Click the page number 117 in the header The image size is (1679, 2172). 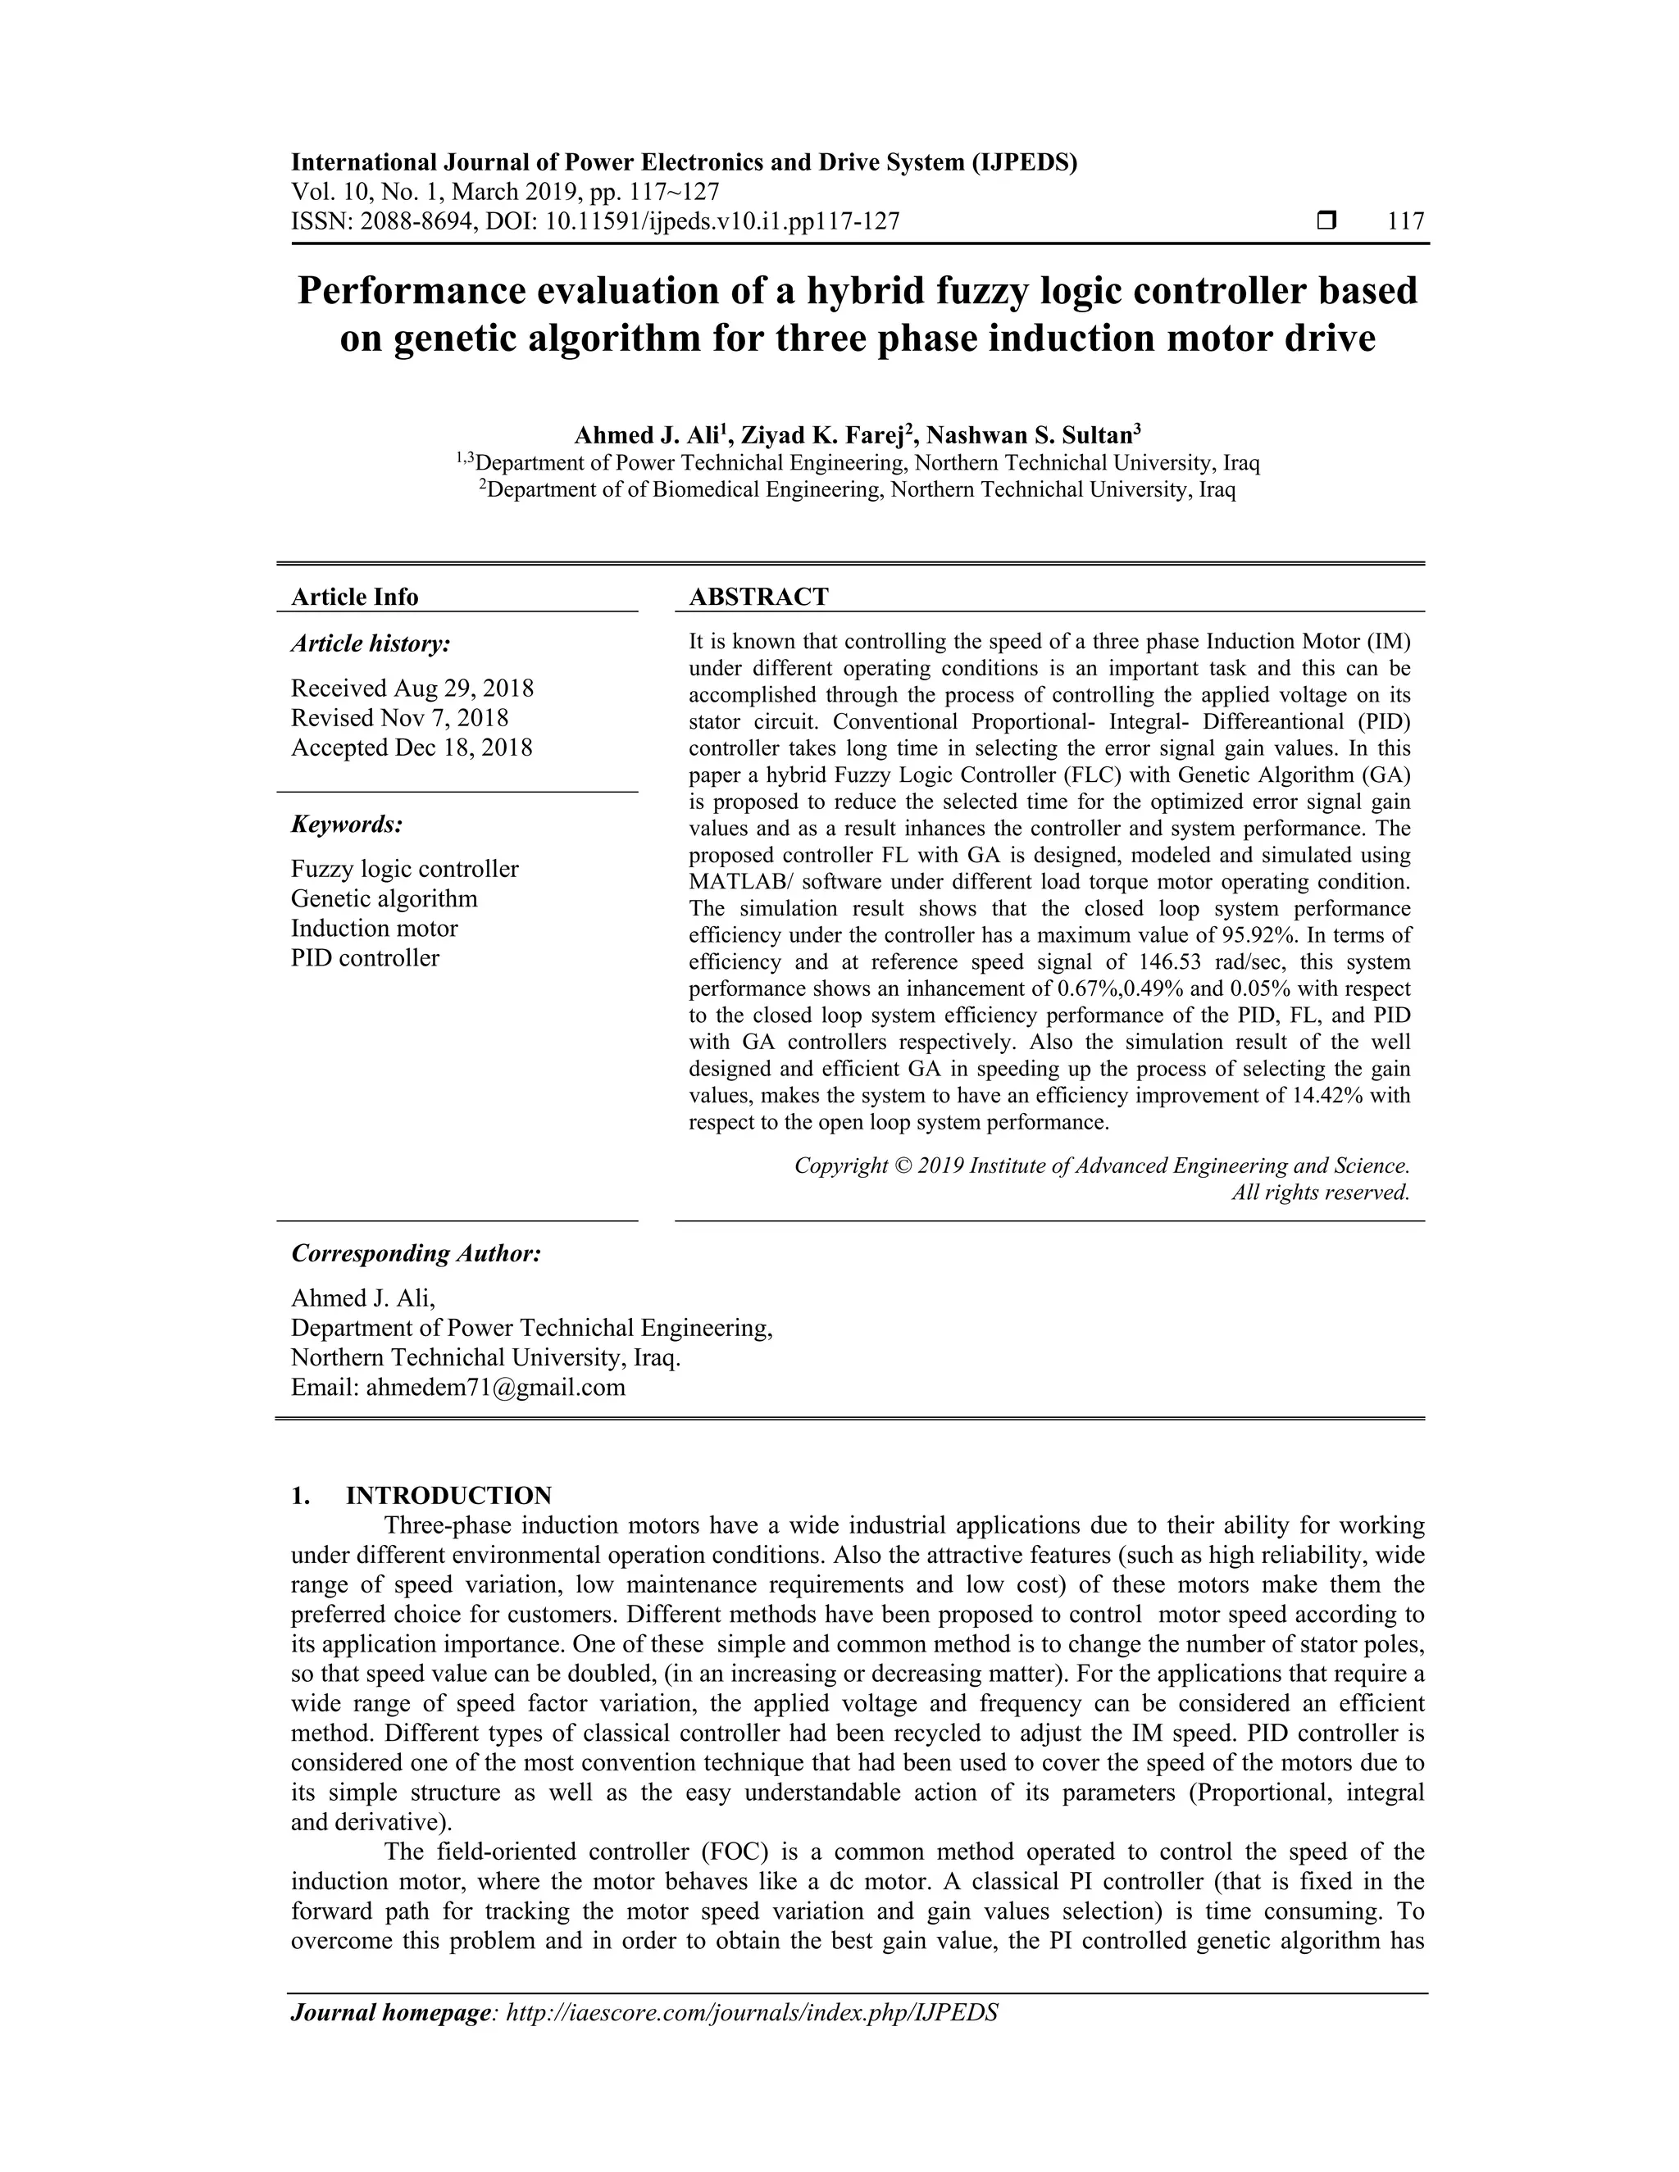tap(1405, 220)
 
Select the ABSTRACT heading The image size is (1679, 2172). tap(759, 597)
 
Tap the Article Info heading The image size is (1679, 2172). tap(354, 597)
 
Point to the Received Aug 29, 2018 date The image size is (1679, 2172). tap(412, 688)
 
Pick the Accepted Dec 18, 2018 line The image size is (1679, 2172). tap(412, 747)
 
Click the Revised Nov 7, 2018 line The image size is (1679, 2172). tap(400, 718)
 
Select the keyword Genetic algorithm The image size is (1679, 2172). tap(384, 899)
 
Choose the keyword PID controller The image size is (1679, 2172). tap(365, 959)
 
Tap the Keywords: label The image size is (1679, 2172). tap(347, 825)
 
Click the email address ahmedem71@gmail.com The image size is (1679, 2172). tap(495, 1388)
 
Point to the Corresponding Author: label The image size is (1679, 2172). tap(416, 1254)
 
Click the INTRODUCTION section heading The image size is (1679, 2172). tap(448, 1496)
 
